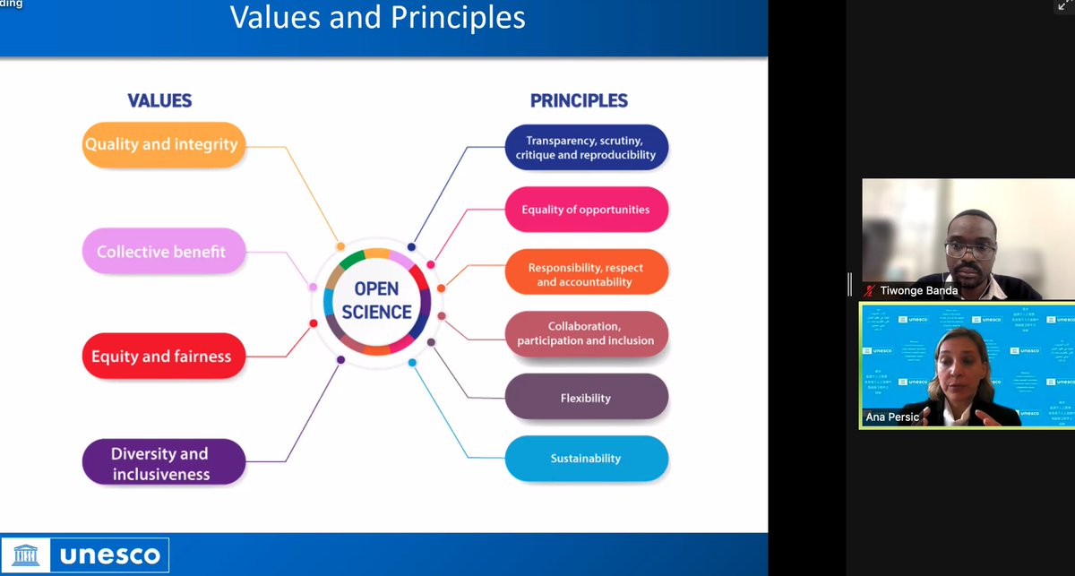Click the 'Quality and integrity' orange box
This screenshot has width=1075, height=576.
point(161,144)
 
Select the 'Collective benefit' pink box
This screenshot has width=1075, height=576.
point(161,252)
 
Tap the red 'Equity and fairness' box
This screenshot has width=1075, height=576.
point(161,357)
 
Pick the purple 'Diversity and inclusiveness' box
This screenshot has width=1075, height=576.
point(159,463)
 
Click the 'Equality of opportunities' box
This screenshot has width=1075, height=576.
point(586,211)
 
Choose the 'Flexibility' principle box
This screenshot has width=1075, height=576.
point(586,397)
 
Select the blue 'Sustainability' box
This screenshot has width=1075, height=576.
point(586,459)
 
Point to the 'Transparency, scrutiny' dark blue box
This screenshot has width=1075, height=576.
point(586,148)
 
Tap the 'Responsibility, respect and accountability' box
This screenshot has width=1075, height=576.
point(586,274)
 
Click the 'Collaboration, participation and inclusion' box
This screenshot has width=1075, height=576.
point(586,334)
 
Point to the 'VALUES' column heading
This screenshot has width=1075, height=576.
point(159,100)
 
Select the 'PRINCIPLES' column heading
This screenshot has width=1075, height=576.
point(579,100)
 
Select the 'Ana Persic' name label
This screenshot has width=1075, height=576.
point(892,417)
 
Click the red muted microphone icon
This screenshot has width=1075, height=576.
point(869,290)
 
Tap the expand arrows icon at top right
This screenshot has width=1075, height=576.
point(1063,6)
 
